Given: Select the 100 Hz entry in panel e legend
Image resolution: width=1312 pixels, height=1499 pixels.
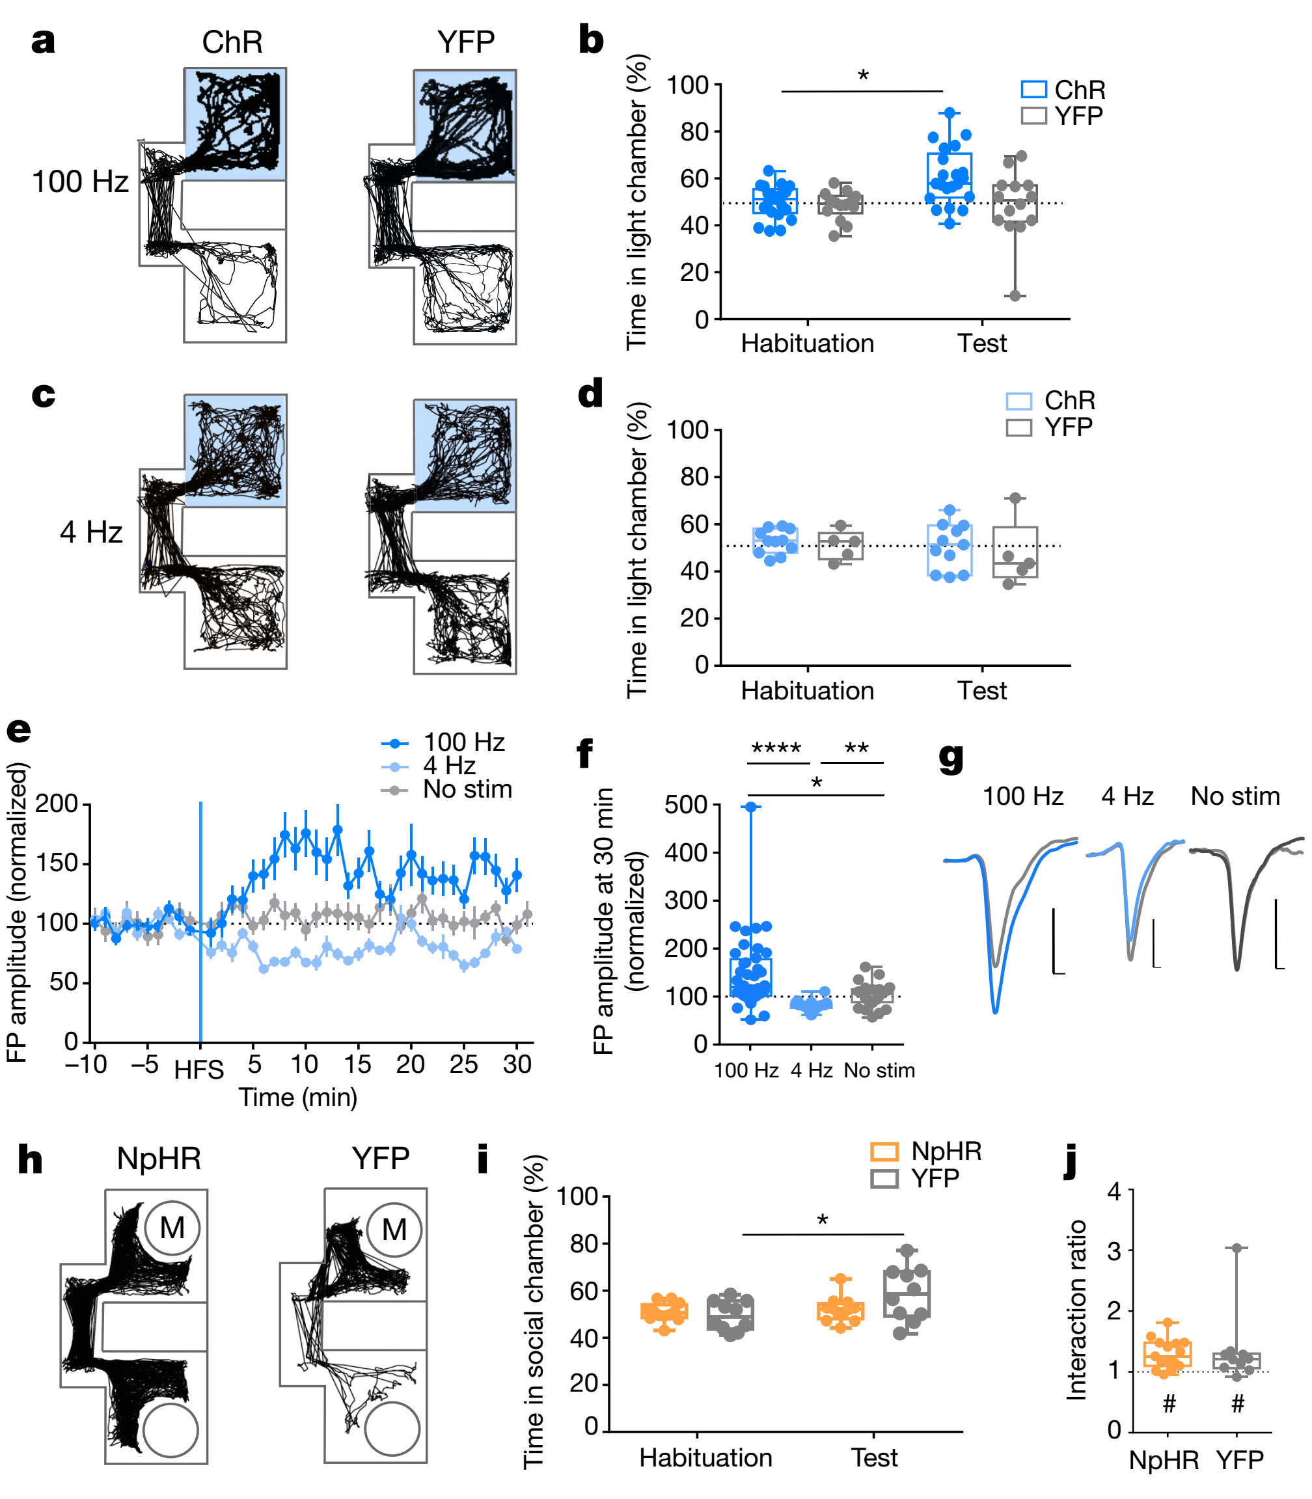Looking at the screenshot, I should pyautogui.click(x=463, y=743).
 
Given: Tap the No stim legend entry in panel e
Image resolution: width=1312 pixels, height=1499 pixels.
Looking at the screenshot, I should pyautogui.click(x=467, y=790).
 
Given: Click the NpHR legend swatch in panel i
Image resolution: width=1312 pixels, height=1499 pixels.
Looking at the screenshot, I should pyautogui.click(x=884, y=1152).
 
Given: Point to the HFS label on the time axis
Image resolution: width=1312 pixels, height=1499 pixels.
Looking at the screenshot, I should pyautogui.click(x=199, y=1071).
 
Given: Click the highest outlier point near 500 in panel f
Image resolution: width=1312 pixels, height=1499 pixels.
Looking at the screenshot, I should pyautogui.click(x=750, y=807).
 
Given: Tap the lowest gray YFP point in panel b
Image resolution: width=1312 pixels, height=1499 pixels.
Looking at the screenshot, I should pyautogui.click(x=1015, y=295).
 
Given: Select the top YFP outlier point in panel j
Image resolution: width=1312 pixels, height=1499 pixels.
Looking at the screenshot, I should pyautogui.click(x=1237, y=1248).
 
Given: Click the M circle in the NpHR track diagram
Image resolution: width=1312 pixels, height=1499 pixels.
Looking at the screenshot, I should pyautogui.click(x=172, y=1228).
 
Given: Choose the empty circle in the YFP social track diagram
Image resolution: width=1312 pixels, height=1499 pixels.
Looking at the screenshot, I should pyautogui.click(x=392, y=1429).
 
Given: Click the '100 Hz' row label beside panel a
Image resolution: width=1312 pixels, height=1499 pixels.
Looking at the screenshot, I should pyautogui.click(x=80, y=182).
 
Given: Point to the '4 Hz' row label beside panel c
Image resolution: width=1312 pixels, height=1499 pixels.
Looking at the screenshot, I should pyautogui.click(x=91, y=532).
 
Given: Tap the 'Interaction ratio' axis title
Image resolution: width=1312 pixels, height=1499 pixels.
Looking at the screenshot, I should pyautogui.click(x=1076, y=1310).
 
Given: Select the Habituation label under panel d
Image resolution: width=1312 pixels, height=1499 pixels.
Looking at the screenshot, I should pyautogui.click(x=807, y=691).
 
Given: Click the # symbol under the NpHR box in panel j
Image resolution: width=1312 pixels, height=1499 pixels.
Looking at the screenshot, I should pyautogui.click(x=1169, y=1405).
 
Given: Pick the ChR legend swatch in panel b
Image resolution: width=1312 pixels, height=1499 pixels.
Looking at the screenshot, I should pyautogui.click(x=1033, y=89).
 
